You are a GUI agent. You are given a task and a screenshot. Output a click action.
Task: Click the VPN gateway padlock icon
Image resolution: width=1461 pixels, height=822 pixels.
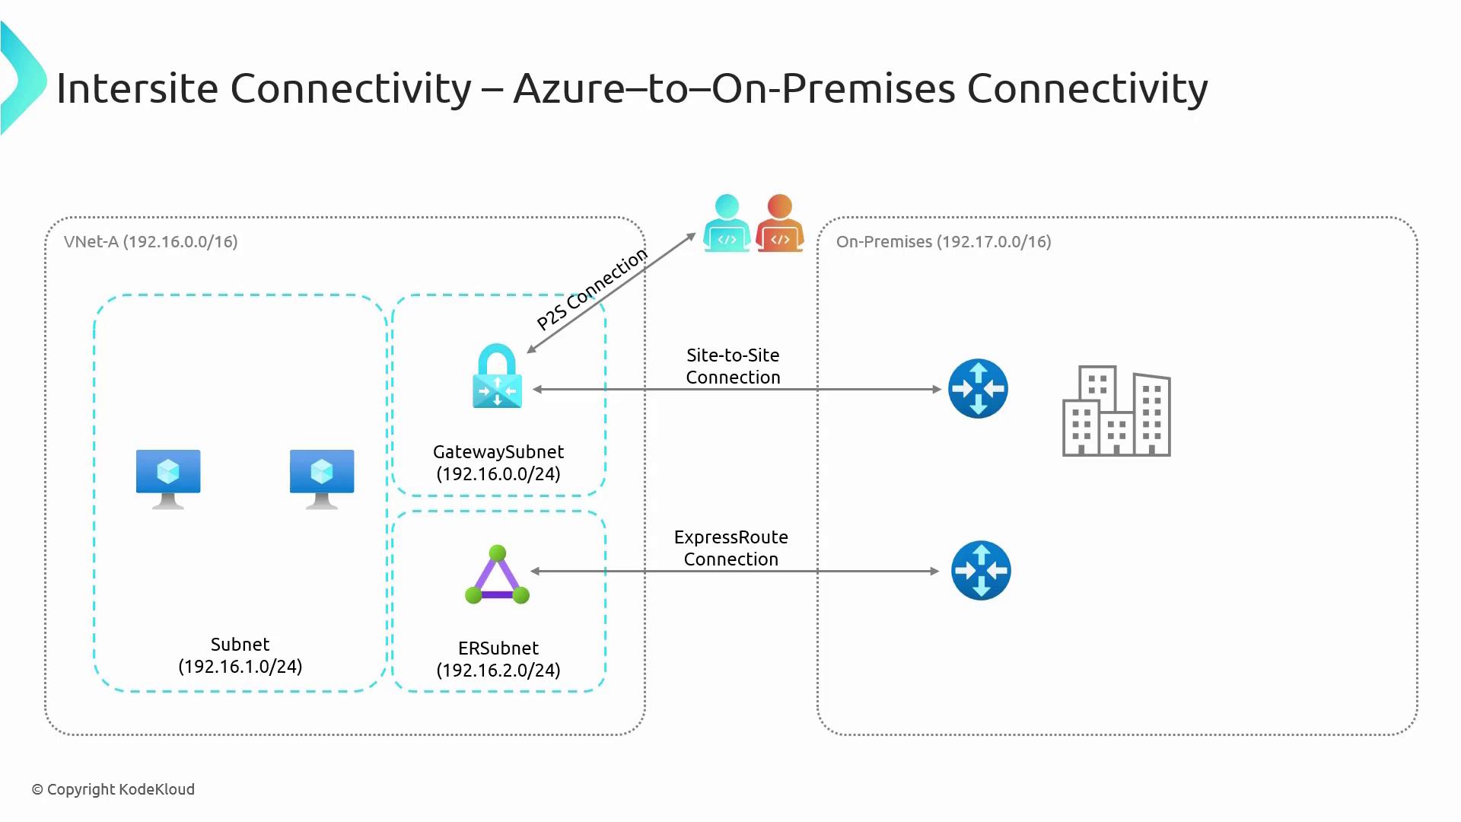click(x=497, y=377)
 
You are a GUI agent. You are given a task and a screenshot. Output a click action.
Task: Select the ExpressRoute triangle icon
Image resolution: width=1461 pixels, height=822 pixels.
click(x=498, y=576)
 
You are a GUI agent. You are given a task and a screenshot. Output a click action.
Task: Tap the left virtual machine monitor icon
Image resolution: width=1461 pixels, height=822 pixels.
click(x=168, y=477)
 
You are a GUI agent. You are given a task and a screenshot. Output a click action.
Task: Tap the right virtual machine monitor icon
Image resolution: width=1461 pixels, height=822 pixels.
click(x=322, y=477)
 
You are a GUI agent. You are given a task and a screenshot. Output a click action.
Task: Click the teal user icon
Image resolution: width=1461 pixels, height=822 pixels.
click(x=727, y=223)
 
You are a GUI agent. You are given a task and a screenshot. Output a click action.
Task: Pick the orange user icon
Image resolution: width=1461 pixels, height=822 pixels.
click(x=780, y=223)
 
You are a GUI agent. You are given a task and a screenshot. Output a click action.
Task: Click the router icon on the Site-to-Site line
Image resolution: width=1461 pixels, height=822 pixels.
click(x=978, y=388)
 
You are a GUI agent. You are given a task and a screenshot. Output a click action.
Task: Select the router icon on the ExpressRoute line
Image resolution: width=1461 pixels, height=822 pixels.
click(x=981, y=571)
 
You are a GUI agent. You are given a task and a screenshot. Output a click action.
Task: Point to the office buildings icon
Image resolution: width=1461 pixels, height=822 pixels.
click(x=1116, y=411)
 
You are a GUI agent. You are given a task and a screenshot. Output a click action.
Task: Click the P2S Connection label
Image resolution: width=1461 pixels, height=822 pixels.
click(x=592, y=289)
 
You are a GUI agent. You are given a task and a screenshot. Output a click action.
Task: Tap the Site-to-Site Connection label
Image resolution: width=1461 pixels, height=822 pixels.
click(x=733, y=366)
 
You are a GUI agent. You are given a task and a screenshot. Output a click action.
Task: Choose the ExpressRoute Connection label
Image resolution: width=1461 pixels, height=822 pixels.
click(x=730, y=548)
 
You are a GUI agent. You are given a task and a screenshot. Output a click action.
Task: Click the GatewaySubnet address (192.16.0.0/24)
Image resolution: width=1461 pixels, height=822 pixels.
click(x=498, y=474)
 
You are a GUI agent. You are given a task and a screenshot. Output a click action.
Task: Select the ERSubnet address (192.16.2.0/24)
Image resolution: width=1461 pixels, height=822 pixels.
click(x=498, y=671)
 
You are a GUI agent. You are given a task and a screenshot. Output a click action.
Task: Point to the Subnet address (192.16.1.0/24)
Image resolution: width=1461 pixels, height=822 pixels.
click(x=240, y=667)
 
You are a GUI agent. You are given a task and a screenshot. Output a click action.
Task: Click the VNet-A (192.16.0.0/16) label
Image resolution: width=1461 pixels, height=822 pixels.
click(x=151, y=242)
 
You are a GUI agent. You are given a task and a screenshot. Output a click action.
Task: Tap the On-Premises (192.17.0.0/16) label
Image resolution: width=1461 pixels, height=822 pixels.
click(x=944, y=242)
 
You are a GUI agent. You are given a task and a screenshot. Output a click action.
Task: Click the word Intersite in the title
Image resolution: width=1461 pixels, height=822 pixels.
click(x=137, y=88)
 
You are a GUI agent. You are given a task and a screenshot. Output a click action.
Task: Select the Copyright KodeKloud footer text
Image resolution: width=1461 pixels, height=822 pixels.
click(x=113, y=789)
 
